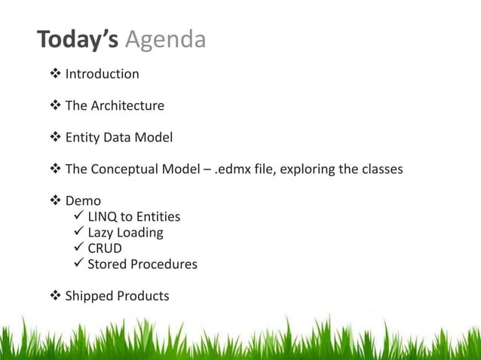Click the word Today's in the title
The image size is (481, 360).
point(78,39)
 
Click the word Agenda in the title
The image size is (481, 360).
point(165,41)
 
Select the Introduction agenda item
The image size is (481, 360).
point(102,74)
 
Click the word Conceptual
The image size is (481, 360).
point(128,169)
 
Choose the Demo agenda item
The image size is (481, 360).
point(83,201)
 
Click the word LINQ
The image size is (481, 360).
point(103,218)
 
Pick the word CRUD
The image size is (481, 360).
point(105,249)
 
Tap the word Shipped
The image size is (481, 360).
point(88,296)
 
